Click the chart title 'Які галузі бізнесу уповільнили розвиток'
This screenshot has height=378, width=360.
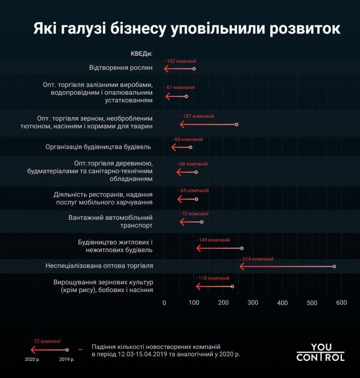point(187,28)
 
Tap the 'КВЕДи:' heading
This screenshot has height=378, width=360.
point(141,54)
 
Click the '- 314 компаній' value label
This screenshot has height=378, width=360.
point(256,259)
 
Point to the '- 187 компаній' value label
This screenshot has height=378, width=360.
point(197,117)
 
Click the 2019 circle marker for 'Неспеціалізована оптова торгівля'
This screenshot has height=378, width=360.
point(334,267)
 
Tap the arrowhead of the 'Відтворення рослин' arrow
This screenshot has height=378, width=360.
point(166,69)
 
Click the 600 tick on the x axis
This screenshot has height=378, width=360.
point(341,303)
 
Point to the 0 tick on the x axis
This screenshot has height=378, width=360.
point(164,303)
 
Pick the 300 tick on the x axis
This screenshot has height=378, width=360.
point(253,303)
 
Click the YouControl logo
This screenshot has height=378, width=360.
point(320,352)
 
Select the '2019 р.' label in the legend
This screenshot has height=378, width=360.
point(67,359)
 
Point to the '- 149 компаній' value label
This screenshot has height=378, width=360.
point(213,240)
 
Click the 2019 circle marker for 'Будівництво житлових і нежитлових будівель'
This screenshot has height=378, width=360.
point(242,248)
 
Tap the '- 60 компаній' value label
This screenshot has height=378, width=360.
point(187,140)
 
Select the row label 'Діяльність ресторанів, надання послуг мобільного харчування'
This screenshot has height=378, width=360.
point(103,198)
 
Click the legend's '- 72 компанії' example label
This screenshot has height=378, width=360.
point(46,342)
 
